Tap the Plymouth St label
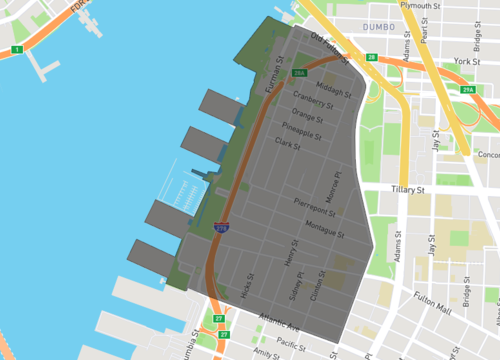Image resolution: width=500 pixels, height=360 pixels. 420,6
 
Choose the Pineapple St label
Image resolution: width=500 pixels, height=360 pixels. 301,131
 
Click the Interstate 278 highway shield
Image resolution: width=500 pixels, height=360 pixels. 221,228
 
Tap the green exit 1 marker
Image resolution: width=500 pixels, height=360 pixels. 17,49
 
